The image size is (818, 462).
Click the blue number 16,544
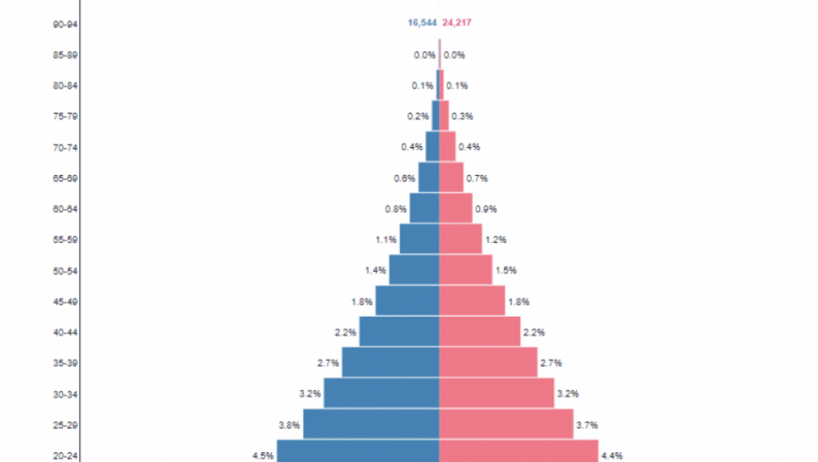[x=422, y=23]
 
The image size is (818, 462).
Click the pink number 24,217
[x=457, y=23]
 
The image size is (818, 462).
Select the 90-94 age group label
[x=66, y=24]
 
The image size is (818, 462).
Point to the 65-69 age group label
[x=66, y=178]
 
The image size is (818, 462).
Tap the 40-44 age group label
[x=66, y=332]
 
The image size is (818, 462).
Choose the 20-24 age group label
[x=66, y=455]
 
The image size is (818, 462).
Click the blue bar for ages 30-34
[x=381, y=393]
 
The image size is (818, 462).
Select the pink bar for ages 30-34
[x=496, y=393]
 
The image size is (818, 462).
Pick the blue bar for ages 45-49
[x=407, y=301]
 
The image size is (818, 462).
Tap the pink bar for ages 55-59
[x=460, y=239]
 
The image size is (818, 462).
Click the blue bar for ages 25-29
[x=371, y=424]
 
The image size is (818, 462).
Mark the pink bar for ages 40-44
[x=479, y=332]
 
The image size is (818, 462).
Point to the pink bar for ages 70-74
[x=447, y=147]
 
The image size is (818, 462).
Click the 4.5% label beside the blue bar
[x=263, y=456]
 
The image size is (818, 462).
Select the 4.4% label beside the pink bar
[x=612, y=456]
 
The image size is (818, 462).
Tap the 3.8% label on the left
[x=289, y=425]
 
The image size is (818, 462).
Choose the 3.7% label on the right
[x=587, y=425]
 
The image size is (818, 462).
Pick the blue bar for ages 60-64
[x=424, y=209]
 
